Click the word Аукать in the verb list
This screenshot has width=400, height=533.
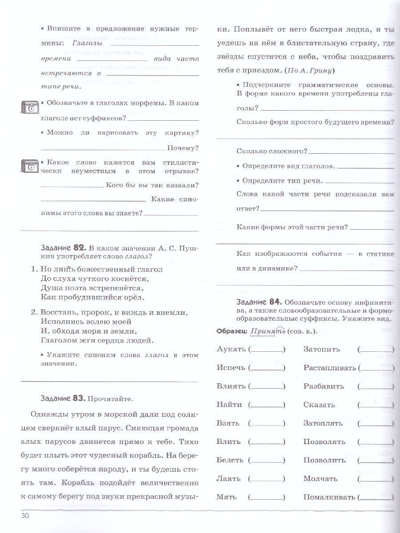[x=231, y=349]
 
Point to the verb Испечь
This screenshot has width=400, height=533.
[x=231, y=368]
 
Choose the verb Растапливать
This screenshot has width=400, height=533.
[x=330, y=368]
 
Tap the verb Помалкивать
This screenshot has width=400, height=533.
[x=330, y=497]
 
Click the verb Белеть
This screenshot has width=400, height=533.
[x=229, y=460]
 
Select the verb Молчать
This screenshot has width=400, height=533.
[x=320, y=479]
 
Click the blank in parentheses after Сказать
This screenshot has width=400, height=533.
[x=376, y=405]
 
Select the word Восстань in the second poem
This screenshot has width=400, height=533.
[x=61, y=312]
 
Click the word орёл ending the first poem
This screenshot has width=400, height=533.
[x=134, y=297]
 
